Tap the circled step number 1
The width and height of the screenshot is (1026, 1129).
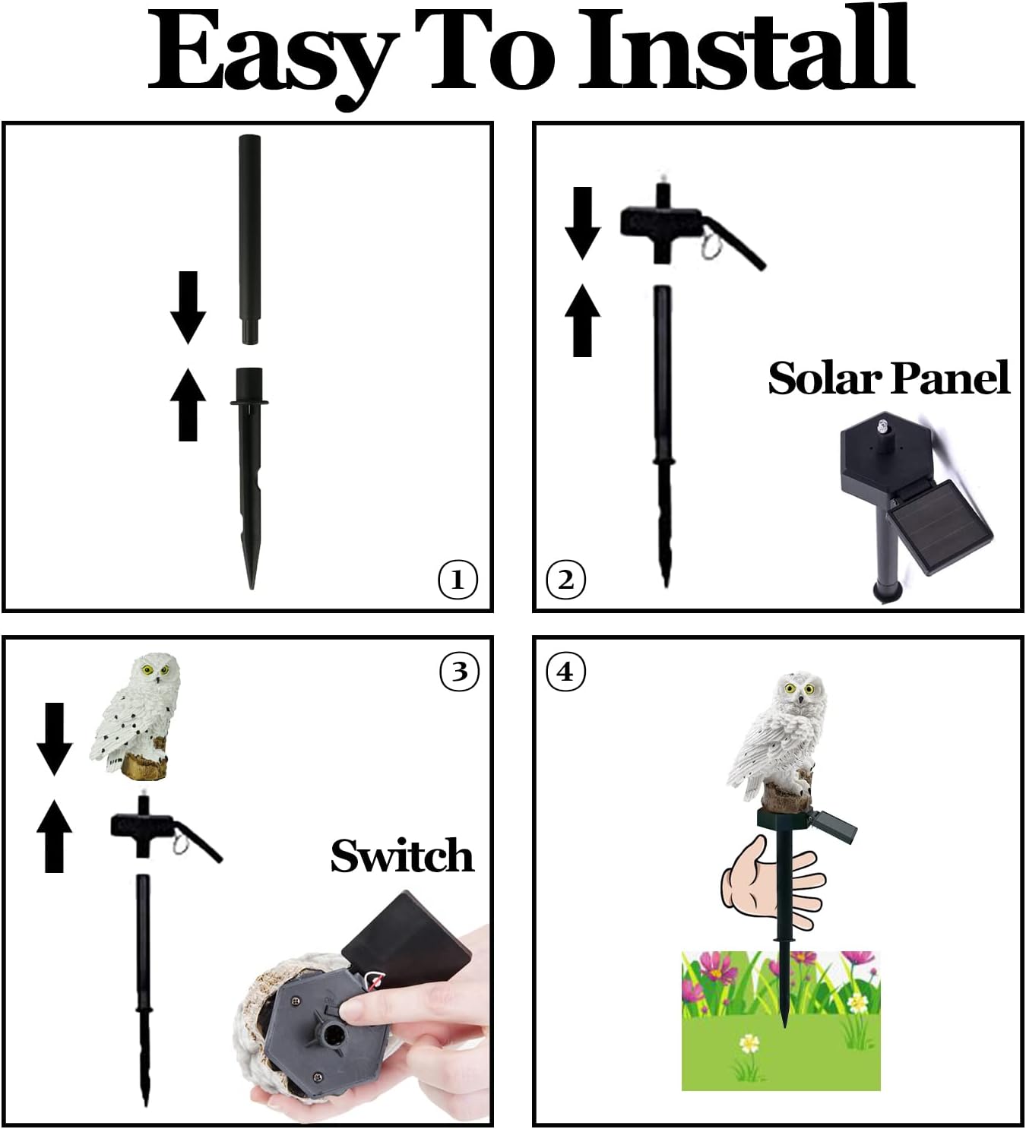[458, 580]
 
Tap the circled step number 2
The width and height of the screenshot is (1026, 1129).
[566, 580]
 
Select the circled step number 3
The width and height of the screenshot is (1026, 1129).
[459, 672]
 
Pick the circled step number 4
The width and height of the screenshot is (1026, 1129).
[566, 672]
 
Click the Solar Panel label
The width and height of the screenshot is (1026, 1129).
[888, 378]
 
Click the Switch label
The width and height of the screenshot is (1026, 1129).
[402, 856]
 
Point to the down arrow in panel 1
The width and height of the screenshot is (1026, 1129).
[188, 307]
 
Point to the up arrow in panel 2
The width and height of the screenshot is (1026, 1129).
[582, 320]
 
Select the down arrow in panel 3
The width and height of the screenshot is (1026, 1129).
[54, 738]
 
